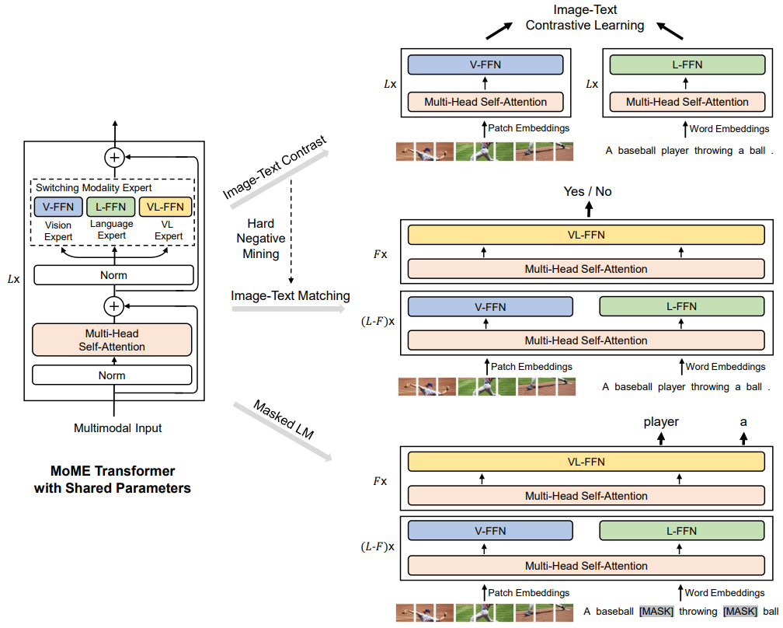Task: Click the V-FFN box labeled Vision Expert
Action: [58, 207]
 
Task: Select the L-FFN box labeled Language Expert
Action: [111, 207]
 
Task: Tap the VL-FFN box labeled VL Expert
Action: [165, 207]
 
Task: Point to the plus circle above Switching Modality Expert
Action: [114, 157]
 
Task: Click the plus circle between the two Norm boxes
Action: [114, 306]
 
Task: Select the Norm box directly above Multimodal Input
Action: [112, 375]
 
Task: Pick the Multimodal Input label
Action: [118, 427]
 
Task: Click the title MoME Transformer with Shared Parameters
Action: [113, 480]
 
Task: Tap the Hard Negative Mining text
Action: [261, 239]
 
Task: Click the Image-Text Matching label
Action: [291, 295]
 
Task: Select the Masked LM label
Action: [284, 420]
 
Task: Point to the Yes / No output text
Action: [587, 191]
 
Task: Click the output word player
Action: [661, 422]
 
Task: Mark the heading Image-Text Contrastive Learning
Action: [584, 18]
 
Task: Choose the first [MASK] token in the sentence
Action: [656, 611]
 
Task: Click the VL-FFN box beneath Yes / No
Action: [586, 235]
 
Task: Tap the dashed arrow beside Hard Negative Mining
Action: [291, 233]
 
